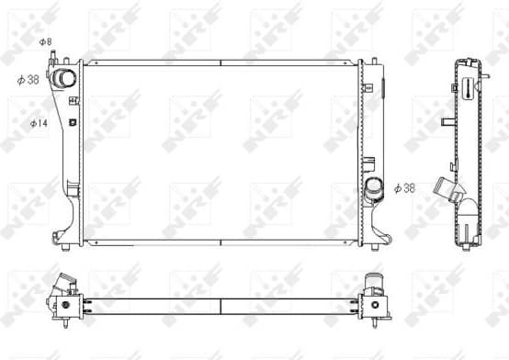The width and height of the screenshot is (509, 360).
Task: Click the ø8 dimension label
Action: click(x=45, y=42)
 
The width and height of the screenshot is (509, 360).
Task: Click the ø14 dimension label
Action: click(x=39, y=122)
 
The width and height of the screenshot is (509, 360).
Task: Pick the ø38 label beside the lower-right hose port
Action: click(x=404, y=188)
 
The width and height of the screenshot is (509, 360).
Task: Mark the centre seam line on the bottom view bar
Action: click(x=221, y=300)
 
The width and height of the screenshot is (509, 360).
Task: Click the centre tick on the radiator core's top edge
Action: click(x=221, y=62)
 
